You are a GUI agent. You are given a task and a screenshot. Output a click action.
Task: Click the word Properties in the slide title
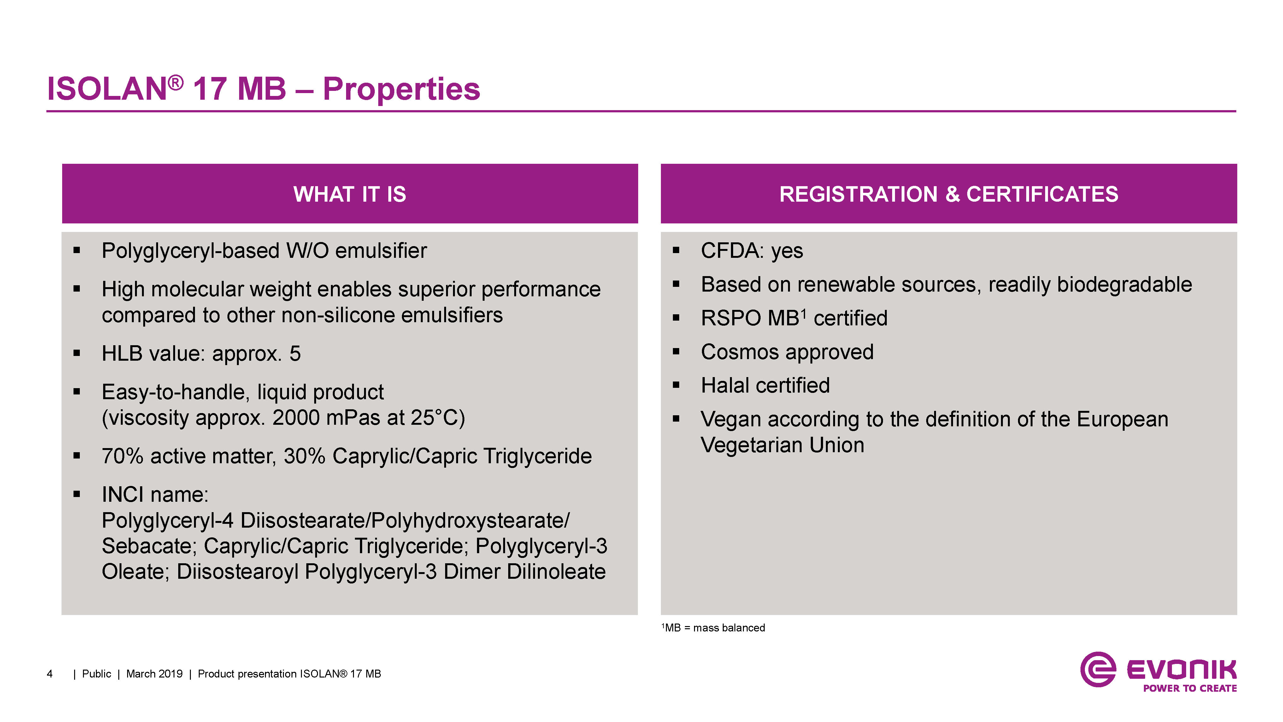pos(402,90)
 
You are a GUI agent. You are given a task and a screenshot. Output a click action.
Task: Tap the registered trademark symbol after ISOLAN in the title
pos(175,83)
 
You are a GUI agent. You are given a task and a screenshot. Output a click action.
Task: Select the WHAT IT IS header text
pos(350,194)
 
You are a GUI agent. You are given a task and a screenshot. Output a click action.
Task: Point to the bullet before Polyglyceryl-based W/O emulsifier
pos(77,250)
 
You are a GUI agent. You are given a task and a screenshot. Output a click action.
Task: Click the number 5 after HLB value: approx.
pos(295,354)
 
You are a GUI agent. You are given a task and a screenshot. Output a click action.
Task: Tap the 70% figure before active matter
pos(122,456)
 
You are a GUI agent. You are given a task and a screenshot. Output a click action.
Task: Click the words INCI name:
pos(155,495)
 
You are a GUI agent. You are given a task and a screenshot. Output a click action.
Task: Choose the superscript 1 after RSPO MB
pos(803,314)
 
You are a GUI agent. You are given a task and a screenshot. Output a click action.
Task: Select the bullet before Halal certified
pos(676,385)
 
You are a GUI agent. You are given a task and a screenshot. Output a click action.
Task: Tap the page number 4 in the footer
pos(50,674)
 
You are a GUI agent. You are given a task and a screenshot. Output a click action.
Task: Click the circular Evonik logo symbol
pos(1098,669)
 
